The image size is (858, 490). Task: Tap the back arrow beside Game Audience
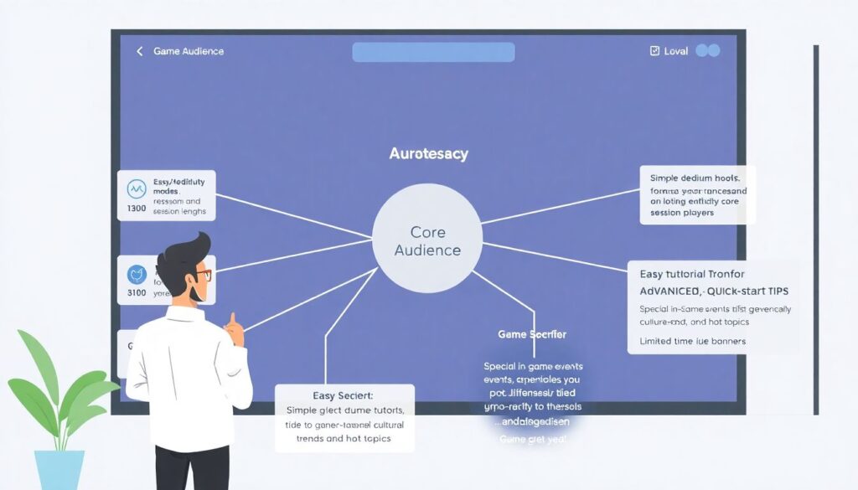[x=140, y=51]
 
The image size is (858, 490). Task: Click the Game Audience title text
[x=189, y=51]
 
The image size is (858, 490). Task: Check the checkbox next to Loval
[x=654, y=51]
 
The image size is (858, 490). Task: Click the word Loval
[x=675, y=51]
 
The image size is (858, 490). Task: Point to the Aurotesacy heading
[x=429, y=154]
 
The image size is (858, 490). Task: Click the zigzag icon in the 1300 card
[x=136, y=188]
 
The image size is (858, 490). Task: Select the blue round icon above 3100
[x=136, y=274]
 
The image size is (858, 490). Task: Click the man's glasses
[x=203, y=275]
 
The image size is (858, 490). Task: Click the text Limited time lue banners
[x=692, y=341]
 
